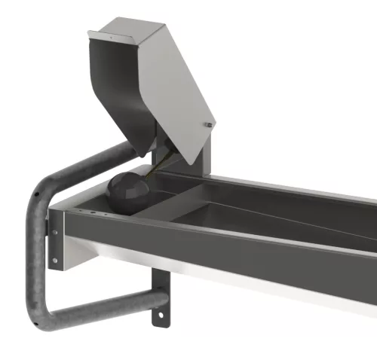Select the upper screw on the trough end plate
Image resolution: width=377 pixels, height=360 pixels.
54,232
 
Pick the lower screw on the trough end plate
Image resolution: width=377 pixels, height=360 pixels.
54,261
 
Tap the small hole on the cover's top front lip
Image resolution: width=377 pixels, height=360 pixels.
97,35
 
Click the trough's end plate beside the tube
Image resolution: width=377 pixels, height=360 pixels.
55,245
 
